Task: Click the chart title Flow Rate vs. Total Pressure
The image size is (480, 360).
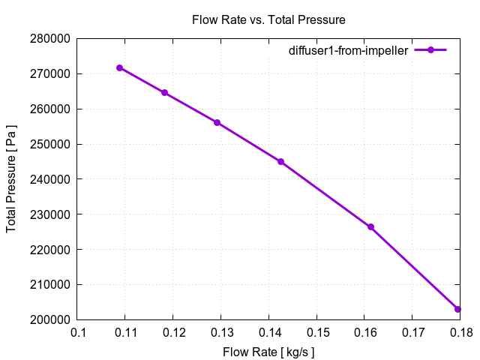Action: (x=268, y=19)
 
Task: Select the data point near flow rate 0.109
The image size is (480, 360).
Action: (x=120, y=68)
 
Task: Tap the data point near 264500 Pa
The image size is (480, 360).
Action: (x=164, y=93)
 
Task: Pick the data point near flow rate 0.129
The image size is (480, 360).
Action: (x=217, y=122)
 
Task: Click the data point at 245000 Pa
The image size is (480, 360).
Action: (x=280, y=161)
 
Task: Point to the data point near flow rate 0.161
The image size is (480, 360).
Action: (x=370, y=226)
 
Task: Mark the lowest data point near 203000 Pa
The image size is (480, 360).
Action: (x=457, y=309)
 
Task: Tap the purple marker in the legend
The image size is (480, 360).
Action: (x=430, y=50)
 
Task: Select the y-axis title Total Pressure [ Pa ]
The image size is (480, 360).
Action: (x=11, y=178)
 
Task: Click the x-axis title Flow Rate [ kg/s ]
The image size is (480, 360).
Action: (x=268, y=351)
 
